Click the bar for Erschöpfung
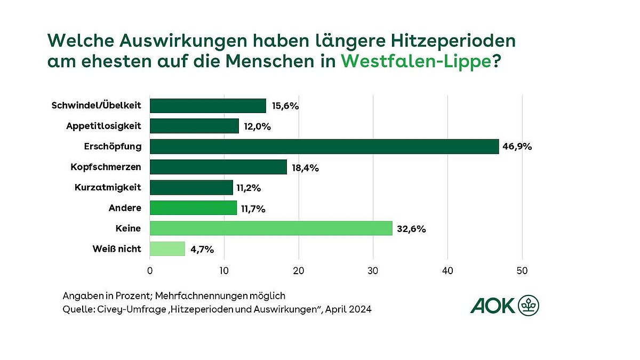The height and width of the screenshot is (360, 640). (x=324, y=147)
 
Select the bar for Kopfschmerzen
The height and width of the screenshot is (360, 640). (x=218, y=167)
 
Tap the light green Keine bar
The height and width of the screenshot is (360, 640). (x=271, y=228)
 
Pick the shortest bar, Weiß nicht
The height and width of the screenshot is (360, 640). (x=167, y=249)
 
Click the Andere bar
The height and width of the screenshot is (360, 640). (x=193, y=208)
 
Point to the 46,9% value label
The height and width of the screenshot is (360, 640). (x=518, y=147)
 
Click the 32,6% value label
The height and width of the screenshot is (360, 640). (x=411, y=229)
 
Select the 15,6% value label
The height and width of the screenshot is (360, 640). (x=285, y=106)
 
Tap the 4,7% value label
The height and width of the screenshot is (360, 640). (x=202, y=249)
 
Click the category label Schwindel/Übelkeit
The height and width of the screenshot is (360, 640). (x=97, y=106)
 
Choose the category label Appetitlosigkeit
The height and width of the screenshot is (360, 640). (x=103, y=126)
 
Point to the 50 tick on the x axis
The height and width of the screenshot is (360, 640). (x=522, y=271)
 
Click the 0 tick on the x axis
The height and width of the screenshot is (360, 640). (x=150, y=271)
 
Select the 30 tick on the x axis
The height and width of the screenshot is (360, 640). (x=373, y=271)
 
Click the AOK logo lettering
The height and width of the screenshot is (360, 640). (x=493, y=306)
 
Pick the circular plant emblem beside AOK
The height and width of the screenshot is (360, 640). (x=529, y=306)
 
